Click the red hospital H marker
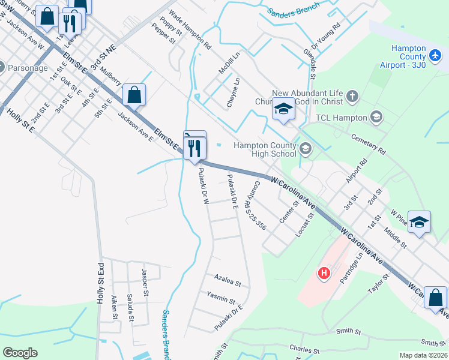[x=324, y=273]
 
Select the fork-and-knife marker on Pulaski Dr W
[x=194, y=148]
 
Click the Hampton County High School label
[x=265, y=149]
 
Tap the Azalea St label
[x=228, y=280]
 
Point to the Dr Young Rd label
[x=326, y=37]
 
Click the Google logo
[x=20, y=353]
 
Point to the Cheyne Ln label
[x=233, y=92]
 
